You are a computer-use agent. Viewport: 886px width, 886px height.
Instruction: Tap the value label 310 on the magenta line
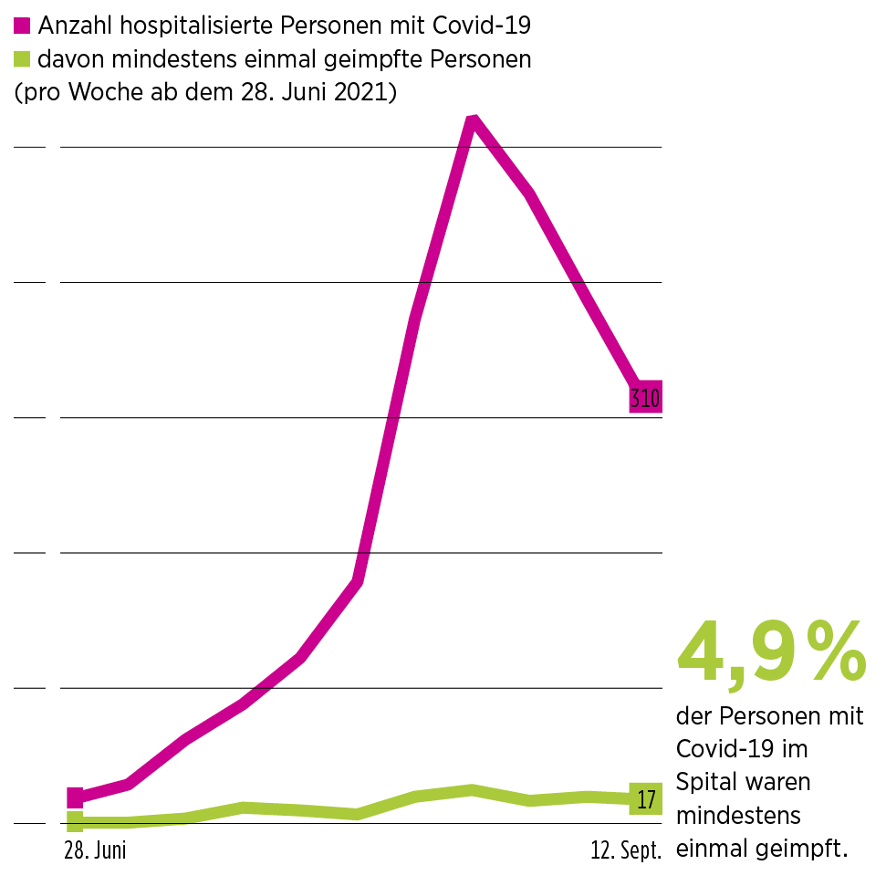coord(645,397)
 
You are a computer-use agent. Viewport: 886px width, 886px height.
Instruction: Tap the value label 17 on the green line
coord(646,800)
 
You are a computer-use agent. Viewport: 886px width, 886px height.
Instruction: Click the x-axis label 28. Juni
coord(95,851)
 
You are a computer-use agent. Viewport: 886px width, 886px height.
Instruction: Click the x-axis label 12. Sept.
coord(625,851)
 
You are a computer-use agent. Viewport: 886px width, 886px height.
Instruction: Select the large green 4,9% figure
coord(771,653)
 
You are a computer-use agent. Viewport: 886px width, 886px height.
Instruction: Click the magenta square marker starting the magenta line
coord(76,798)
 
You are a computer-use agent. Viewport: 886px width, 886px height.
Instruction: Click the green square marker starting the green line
coord(76,821)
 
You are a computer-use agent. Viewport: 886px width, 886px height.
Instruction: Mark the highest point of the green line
coord(472,789)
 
